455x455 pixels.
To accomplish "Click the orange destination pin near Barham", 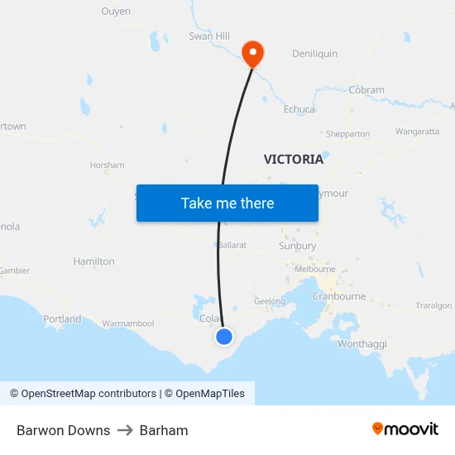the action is (x=251, y=54).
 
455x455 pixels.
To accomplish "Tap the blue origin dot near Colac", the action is (x=224, y=336).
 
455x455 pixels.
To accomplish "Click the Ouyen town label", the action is (x=116, y=12).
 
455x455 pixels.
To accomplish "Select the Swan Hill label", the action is (x=209, y=36).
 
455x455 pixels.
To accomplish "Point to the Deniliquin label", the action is (x=314, y=54).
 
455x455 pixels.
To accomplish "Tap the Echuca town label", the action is (x=299, y=109).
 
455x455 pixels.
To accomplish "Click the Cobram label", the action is (x=366, y=90).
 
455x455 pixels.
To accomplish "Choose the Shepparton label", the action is (x=347, y=134).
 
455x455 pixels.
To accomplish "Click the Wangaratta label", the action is (x=417, y=132).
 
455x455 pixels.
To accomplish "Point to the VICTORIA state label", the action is (x=294, y=159).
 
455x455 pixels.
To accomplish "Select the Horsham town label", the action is (x=108, y=165).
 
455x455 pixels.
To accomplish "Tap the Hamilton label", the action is (x=94, y=261).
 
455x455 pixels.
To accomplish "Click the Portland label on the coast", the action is (x=63, y=318).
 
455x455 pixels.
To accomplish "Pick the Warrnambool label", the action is (x=128, y=323).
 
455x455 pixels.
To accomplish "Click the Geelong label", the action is (x=270, y=302).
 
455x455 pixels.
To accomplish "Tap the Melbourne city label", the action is (x=315, y=269).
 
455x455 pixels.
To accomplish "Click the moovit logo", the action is (x=405, y=429).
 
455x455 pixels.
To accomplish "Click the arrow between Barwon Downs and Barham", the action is (x=125, y=430).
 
